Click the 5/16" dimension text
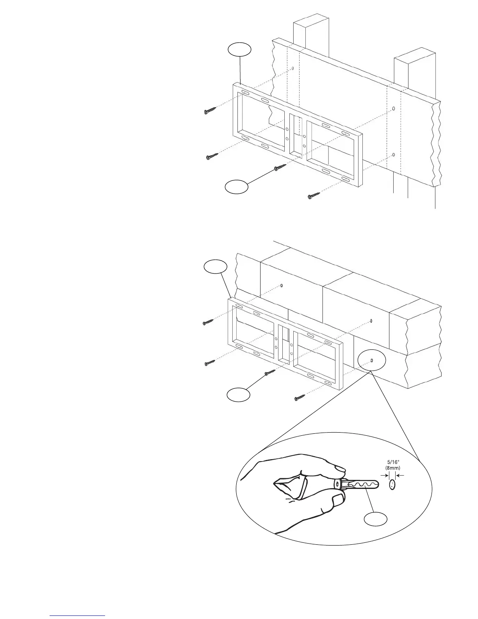click(x=392, y=461)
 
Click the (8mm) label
click(x=392, y=467)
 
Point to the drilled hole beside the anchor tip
click(x=392, y=485)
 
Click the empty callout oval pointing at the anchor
click(x=376, y=519)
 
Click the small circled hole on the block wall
click(x=372, y=360)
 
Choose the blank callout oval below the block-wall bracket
click(x=239, y=394)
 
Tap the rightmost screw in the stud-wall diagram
click(x=314, y=196)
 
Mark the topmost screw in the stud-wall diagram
click(x=210, y=111)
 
